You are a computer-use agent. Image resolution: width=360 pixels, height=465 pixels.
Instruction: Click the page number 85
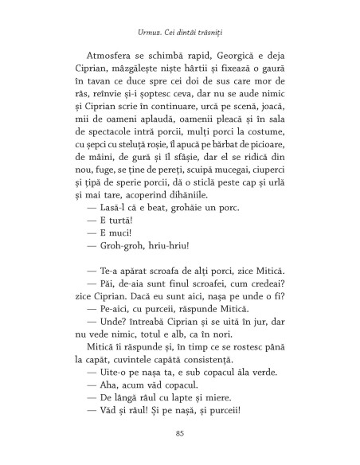[x=179, y=432]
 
